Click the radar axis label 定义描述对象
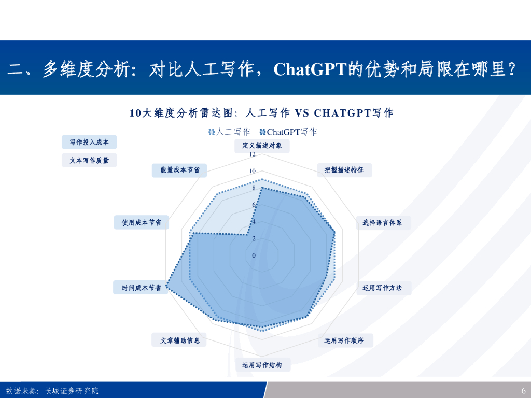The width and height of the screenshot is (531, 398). click(x=262, y=146)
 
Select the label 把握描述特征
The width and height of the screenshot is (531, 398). click(x=344, y=170)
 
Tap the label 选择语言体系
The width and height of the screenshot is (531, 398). click(x=383, y=223)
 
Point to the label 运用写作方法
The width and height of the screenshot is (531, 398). click(x=383, y=288)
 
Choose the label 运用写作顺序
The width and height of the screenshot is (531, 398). click(x=344, y=340)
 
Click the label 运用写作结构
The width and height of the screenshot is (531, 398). click(x=262, y=365)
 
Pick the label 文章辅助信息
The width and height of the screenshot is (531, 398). click(x=179, y=340)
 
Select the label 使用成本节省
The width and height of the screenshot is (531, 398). click(x=141, y=223)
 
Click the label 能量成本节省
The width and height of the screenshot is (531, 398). click(x=179, y=170)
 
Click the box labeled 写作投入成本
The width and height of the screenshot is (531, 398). click(x=89, y=142)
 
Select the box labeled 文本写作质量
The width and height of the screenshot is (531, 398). click(x=89, y=161)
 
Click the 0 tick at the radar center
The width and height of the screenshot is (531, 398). click(x=254, y=255)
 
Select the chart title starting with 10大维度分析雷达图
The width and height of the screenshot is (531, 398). click(x=261, y=113)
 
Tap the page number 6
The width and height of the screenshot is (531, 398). click(x=523, y=391)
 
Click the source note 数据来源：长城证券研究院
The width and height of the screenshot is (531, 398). click(x=52, y=391)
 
